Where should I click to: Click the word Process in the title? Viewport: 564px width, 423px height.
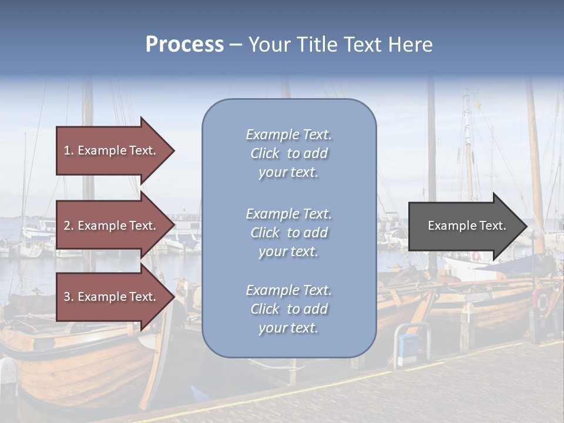pyautogui.click(x=184, y=45)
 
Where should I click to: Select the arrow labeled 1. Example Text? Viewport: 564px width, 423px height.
pyautogui.click(x=112, y=150)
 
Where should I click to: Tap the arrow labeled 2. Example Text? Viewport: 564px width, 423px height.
pyautogui.click(x=112, y=226)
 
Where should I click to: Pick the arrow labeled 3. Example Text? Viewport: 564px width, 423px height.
pyautogui.click(x=112, y=297)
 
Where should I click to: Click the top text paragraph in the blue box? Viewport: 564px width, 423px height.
pyautogui.click(x=288, y=153)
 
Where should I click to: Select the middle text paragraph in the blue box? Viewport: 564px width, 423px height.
pyautogui.click(x=288, y=233)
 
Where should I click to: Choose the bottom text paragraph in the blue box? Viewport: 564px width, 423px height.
pyautogui.click(x=288, y=309)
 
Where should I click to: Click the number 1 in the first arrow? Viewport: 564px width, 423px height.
pyautogui.click(x=67, y=150)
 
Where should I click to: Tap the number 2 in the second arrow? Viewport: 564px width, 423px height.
pyautogui.click(x=67, y=226)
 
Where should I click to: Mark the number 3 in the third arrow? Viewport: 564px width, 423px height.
pyautogui.click(x=67, y=297)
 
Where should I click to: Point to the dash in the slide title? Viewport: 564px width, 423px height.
pyautogui.click(x=236, y=45)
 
